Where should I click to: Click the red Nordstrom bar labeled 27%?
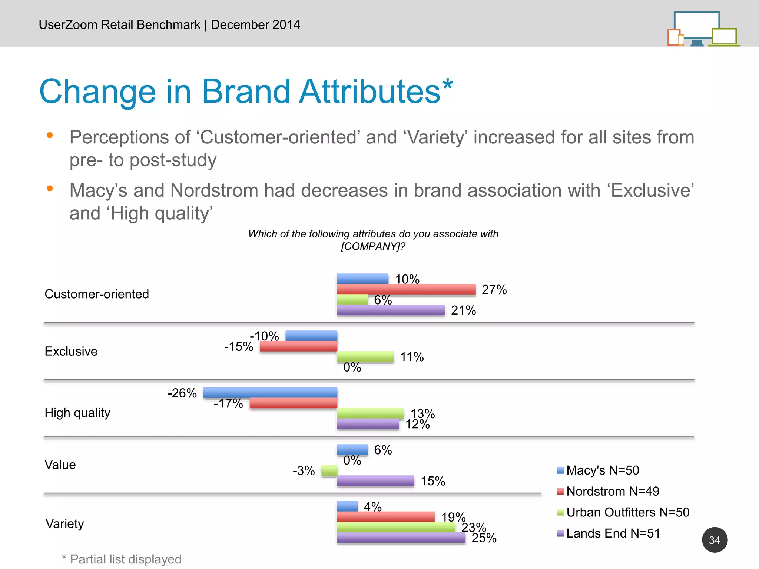406,289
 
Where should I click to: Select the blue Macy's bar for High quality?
270,393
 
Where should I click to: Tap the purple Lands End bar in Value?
375,481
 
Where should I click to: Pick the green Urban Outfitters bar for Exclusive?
365,357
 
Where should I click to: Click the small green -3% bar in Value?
329,470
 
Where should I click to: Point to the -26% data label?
182,393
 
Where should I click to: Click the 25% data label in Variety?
484,538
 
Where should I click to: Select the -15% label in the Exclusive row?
238,346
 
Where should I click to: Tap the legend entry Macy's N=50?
602,470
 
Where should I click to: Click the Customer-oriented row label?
97,294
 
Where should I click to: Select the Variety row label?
65,523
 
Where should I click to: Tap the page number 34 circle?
714,540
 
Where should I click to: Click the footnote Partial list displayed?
125,559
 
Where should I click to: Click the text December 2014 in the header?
255,24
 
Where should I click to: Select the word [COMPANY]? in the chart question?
373,246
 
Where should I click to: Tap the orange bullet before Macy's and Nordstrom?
50,189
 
